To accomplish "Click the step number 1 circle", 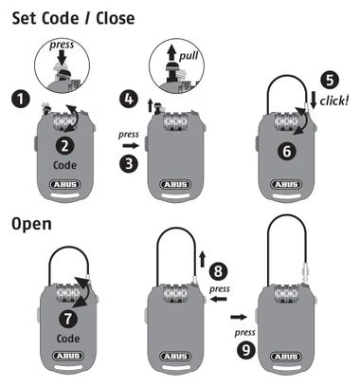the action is pyautogui.click(x=21, y=100).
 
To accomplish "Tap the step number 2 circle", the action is pyautogui.click(x=64, y=146).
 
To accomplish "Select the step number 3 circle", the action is pyautogui.click(x=129, y=164).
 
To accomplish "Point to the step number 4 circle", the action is pyautogui.click(x=129, y=99).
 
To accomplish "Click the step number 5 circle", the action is pyautogui.click(x=330, y=80).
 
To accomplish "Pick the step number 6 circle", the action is pyautogui.click(x=287, y=151).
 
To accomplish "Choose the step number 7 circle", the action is pyautogui.click(x=68, y=319).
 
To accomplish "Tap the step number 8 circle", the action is pyautogui.click(x=218, y=271).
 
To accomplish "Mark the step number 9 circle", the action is pyautogui.click(x=246, y=349).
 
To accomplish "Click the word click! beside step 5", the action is pyautogui.click(x=334, y=101).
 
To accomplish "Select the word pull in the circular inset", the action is pyautogui.click(x=189, y=56).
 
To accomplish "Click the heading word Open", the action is pyautogui.click(x=31, y=225).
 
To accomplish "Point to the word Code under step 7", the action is pyautogui.click(x=68, y=339).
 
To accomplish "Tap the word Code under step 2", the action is pyautogui.click(x=64, y=165).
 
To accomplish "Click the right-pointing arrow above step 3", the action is pyautogui.click(x=131, y=146).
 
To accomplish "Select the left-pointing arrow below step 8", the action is pyautogui.click(x=219, y=299).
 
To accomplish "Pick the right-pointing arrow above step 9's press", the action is pyautogui.click(x=239, y=317).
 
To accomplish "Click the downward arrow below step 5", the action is pyautogui.click(x=314, y=100).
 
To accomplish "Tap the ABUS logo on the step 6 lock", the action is pyautogui.click(x=286, y=184).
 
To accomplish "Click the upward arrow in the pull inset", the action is pyautogui.click(x=171, y=52).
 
